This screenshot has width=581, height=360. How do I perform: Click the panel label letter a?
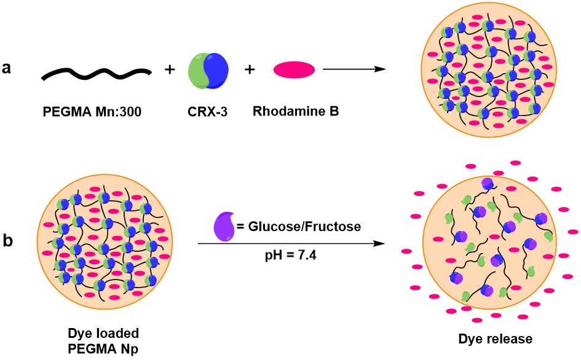(x=9, y=69)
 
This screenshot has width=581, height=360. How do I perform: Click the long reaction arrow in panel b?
(x=296, y=245)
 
